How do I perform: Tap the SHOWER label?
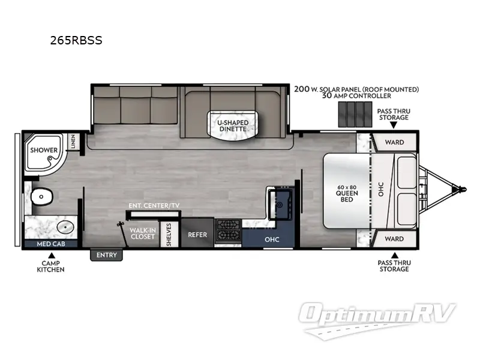point(44,150)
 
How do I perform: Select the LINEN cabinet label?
point(73,142)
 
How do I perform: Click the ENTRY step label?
point(107,256)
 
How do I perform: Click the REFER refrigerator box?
point(197,235)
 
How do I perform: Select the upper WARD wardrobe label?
point(394,142)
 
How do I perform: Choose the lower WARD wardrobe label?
point(394,238)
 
